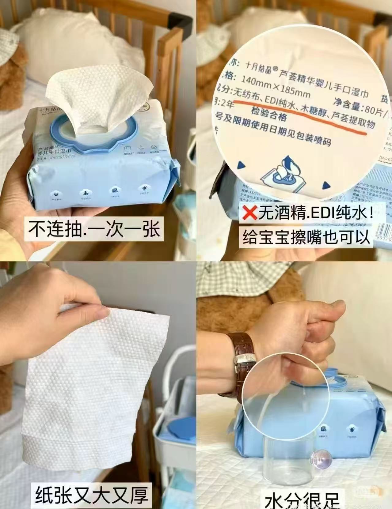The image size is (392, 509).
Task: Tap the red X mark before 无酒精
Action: [x=249, y=213]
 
